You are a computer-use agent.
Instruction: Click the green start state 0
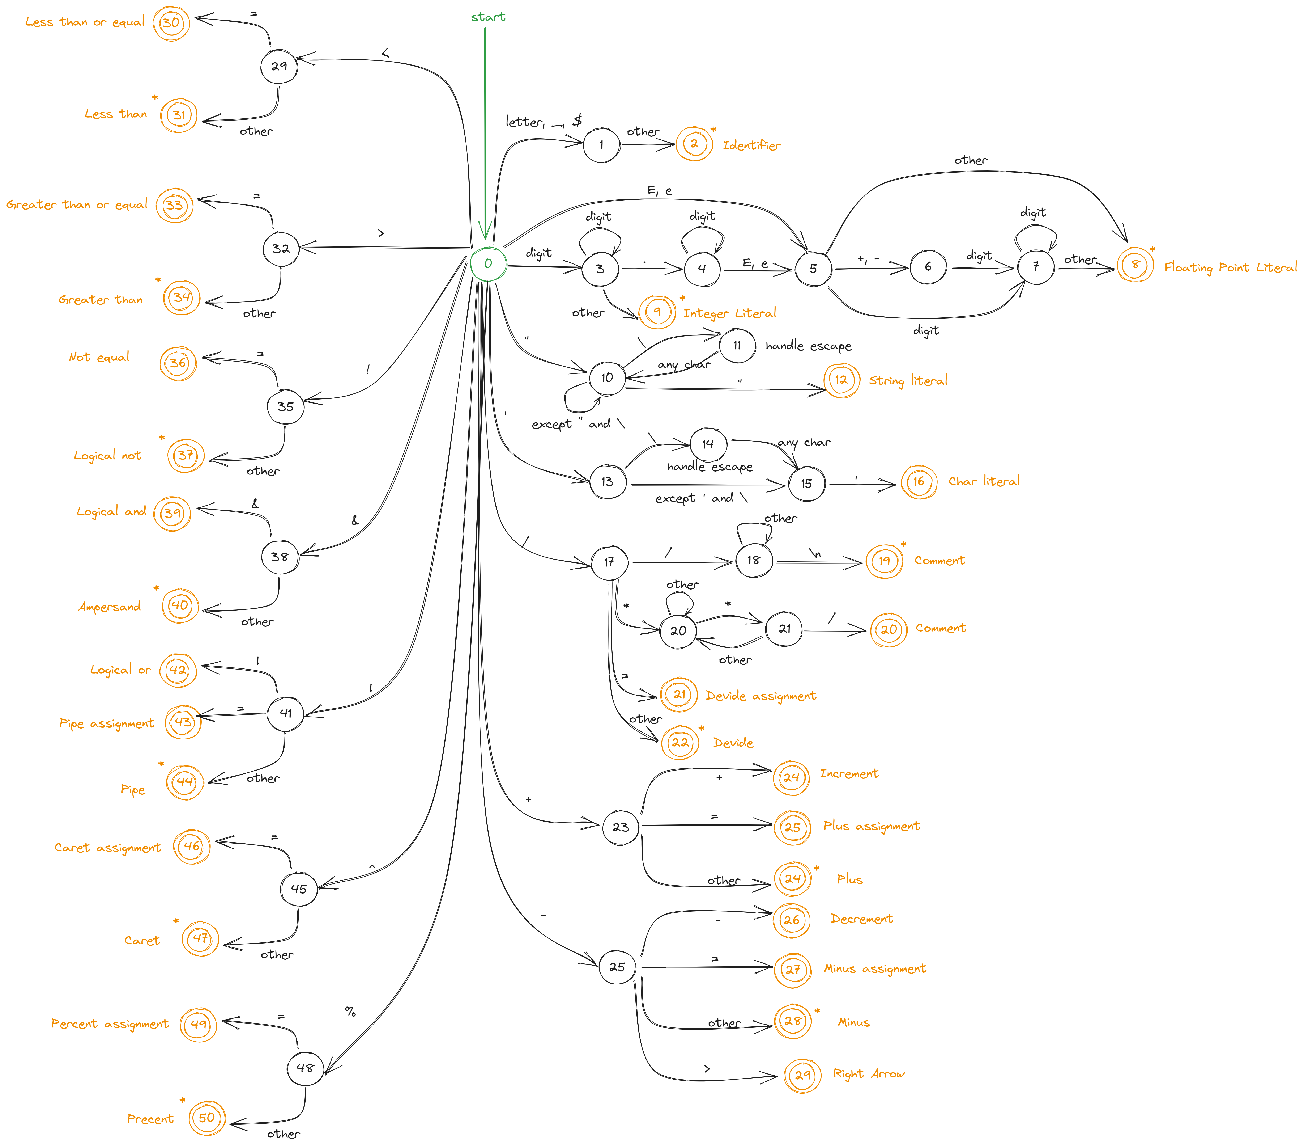pos(488,263)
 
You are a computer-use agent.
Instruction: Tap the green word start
pos(488,17)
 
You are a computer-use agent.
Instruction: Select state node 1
pos(601,145)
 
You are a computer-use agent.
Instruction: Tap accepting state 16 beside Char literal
pos(919,482)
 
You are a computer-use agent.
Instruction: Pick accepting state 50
pos(207,1118)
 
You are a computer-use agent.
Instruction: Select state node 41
pos(285,713)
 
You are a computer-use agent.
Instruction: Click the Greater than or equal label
pos(77,205)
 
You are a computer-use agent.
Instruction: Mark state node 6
pos(928,267)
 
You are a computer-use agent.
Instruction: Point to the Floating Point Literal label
pos(1230,267)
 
